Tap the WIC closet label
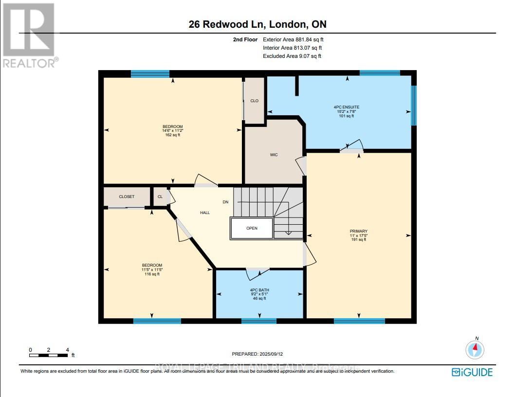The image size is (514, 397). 274,155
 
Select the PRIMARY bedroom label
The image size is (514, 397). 358,231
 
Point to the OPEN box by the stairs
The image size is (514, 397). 252,228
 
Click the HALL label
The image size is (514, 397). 205,213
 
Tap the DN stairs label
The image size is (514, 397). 225,202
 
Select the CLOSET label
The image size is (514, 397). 127,197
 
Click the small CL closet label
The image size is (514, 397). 160,197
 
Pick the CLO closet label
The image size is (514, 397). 254,101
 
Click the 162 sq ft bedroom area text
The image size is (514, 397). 173,135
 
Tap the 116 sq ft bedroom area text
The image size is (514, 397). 152,274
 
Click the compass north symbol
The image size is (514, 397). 475,349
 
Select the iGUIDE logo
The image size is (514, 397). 472,372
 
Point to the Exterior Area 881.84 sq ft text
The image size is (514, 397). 292,39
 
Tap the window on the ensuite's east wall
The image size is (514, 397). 414,105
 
